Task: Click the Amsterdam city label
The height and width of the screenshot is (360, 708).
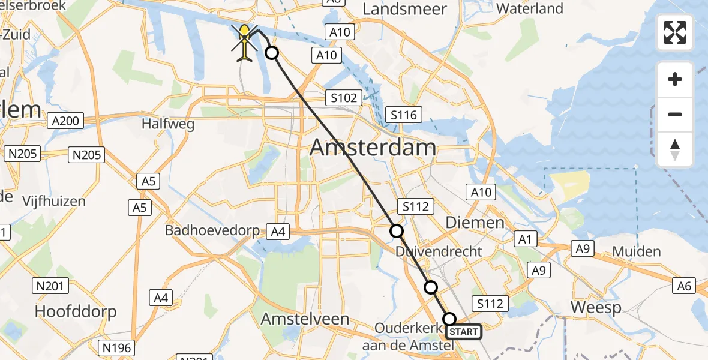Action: point(373,148)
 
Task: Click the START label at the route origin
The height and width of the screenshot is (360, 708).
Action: point(463,332)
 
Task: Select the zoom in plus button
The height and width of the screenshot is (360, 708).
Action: point(675,79)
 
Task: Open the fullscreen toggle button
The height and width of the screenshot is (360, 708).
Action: point(675,32)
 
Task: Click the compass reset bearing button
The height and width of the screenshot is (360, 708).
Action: point(675,149)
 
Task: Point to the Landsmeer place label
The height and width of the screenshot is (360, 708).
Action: point(405,9)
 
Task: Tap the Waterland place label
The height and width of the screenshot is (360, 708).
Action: point(530,8)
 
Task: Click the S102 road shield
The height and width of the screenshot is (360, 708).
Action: point(343,98)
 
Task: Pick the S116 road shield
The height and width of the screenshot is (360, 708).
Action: point(404,115)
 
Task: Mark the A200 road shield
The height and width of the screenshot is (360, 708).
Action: point(65,121)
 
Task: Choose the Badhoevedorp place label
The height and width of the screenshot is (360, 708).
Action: point(213,231)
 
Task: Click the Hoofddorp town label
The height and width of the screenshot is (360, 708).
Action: point(76,311)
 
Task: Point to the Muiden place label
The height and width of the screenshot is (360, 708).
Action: point(637,251)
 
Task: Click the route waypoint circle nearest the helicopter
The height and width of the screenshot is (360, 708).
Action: point(272,53)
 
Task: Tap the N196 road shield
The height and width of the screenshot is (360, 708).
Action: point(116,347)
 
